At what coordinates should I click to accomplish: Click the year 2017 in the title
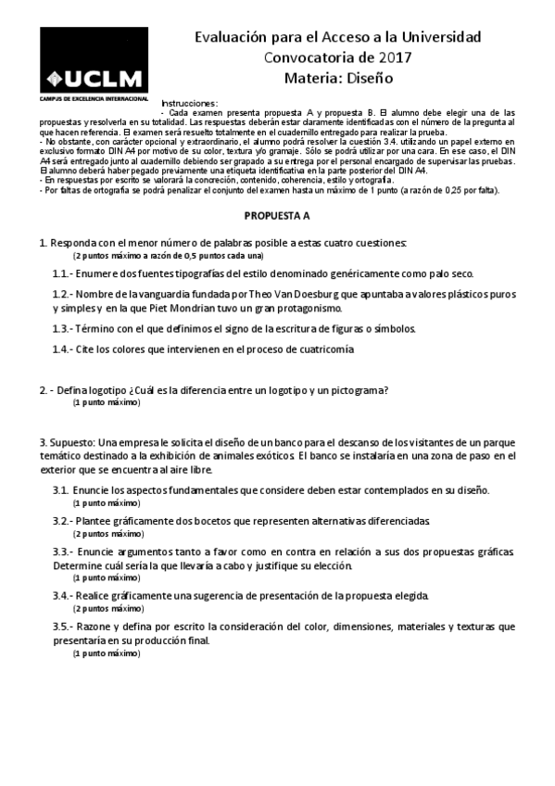click(394, 57)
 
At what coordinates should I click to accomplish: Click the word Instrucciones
click(190, 101)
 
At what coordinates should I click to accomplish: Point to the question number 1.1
click(63, 274)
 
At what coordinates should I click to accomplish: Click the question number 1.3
click(63, 328)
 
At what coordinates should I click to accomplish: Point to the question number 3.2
click(63, 522)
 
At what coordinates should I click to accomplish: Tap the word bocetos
click(212, 522)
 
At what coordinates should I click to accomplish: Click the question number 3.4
click(63, 594)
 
